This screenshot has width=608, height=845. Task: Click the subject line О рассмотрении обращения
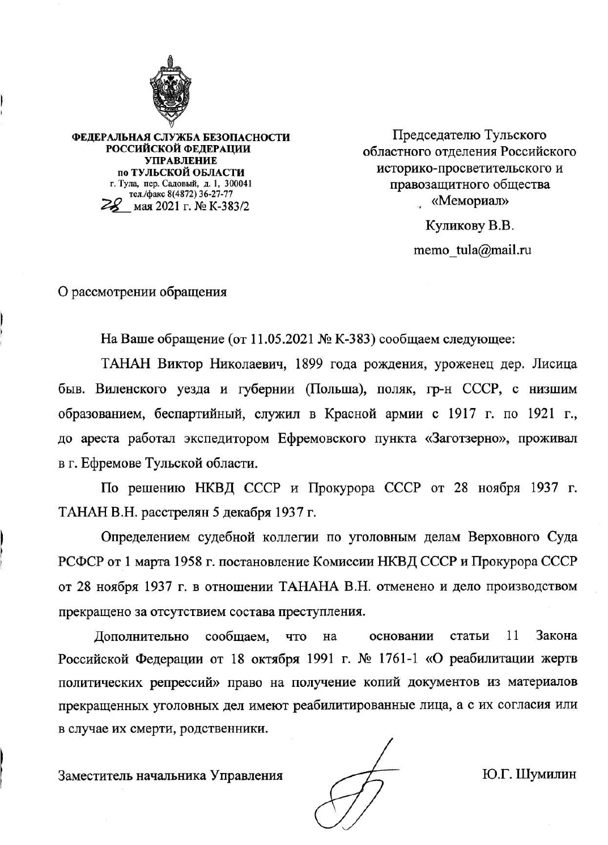click(143, 292)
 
